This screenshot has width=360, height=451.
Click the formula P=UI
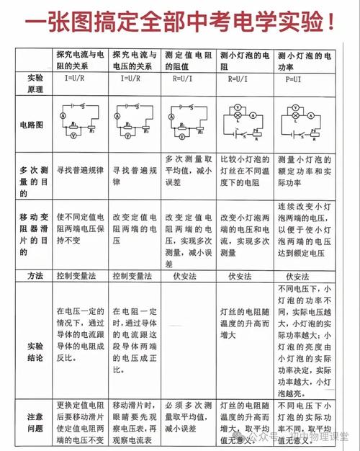coord(294,78)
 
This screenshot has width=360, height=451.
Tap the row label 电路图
coord(32,125)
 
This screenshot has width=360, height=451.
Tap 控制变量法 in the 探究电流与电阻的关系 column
coord(81,276)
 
